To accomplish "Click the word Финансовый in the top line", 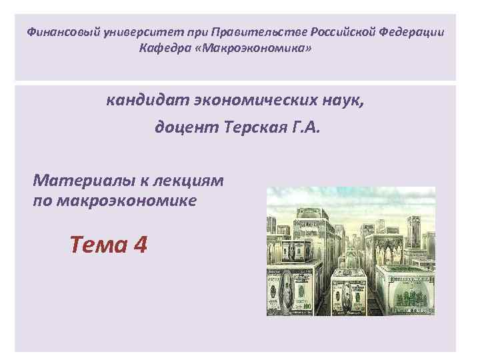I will [x=58, y=33].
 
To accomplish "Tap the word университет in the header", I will [x=124, y=33].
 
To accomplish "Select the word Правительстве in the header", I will [x=241, y=33].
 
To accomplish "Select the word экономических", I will [x=245, y=101].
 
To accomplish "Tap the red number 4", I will [x=140, y=245].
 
